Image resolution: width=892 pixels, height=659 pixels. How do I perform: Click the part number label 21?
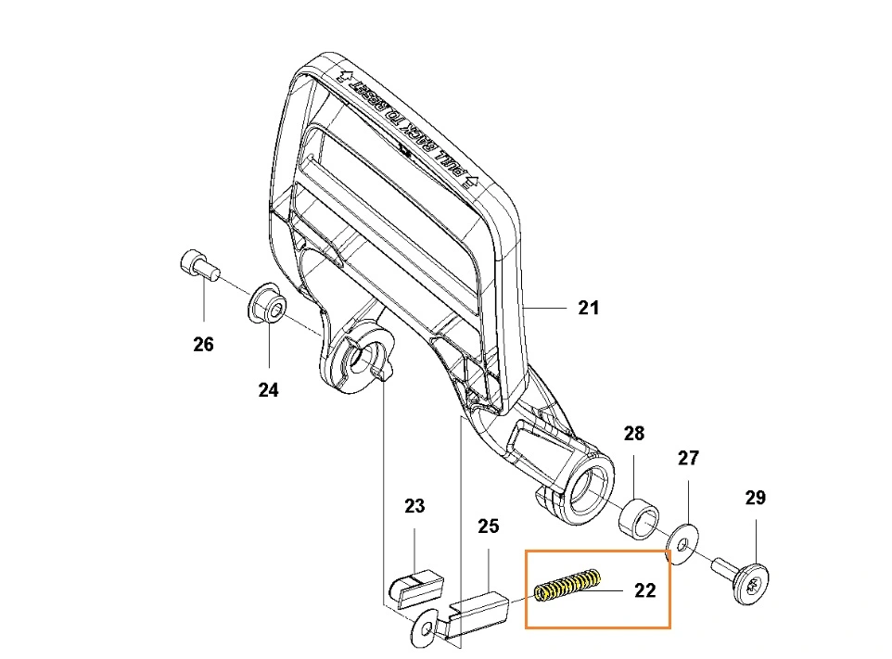[x=589, y=308]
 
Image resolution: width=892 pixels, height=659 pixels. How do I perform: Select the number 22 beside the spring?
[x=644, y=589]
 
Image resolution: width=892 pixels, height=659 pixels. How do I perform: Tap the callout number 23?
[x=414, y=506]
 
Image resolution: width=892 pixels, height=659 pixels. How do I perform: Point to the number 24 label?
[x=268, y=390]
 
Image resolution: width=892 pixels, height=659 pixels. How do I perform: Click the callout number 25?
[x=488, y=526]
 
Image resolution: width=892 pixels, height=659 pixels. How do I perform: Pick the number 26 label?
[x=203, y=345]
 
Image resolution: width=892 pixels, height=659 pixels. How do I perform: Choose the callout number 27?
[x=688, y=458]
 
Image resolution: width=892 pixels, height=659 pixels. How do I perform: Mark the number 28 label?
[x=633, y=433]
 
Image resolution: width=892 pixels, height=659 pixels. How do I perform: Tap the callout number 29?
[x=756, y=498]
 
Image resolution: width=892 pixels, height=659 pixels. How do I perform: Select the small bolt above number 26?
[x=196, y=266]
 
